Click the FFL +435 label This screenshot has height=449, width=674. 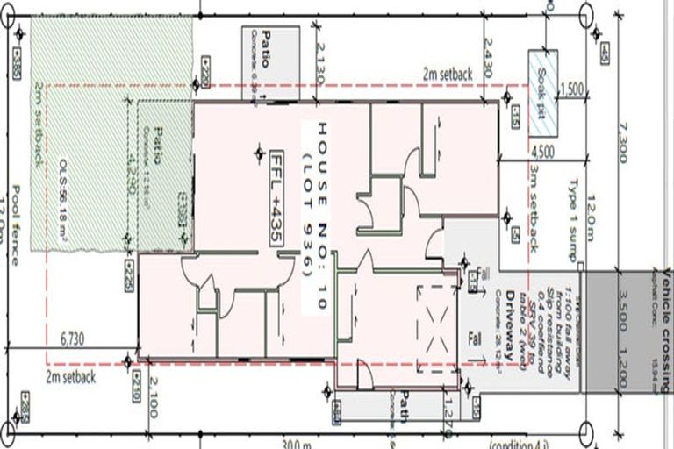(x=278, y=191)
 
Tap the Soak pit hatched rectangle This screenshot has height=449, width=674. (x=541, y=91)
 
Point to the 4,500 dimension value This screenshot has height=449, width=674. (x=541, y=150)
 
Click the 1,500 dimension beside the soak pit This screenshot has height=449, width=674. (x=570, y=89)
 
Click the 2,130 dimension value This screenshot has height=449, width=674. (x=319, y=63)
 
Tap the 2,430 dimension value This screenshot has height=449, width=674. (x=489, y=59)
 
